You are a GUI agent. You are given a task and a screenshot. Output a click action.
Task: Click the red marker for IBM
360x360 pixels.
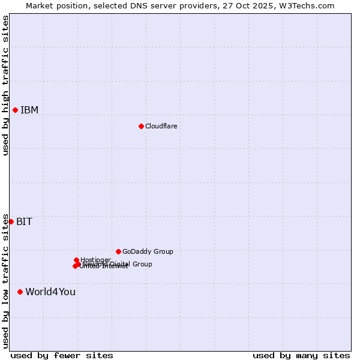point(15,110)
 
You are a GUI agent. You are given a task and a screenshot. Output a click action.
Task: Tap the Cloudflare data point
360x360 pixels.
point(141,126)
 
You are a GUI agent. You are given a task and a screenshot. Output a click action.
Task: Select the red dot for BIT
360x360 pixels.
point(11,221)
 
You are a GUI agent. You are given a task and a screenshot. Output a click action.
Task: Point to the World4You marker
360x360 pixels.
point(20,292)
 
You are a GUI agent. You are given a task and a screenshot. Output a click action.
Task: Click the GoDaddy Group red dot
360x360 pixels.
point(118,251)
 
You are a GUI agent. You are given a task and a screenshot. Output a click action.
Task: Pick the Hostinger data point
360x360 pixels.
point(76,260)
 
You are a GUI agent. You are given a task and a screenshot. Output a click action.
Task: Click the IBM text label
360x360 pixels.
point(29,110)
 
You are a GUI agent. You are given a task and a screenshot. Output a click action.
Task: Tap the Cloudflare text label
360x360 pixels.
point(161,126)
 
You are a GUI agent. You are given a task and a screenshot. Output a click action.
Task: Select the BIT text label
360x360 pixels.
point(24,221)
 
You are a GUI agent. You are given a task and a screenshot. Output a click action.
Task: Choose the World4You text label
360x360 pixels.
point(50,292)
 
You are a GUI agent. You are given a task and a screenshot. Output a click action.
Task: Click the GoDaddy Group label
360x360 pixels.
point(148,251)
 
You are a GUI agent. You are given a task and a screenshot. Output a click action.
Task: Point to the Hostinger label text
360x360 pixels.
point(95,260)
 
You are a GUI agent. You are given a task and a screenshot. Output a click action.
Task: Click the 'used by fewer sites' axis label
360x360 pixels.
point(62,355)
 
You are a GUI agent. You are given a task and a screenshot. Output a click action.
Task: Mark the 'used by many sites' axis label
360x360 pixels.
point(301,355)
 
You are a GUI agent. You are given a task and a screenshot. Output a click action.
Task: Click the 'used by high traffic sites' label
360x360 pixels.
point(5,85)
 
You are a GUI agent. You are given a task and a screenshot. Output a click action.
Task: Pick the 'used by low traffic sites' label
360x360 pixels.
point(5,281)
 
